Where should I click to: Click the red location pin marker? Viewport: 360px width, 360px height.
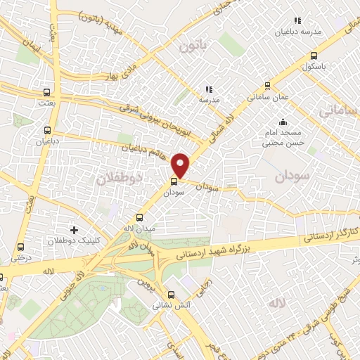click(181, 165)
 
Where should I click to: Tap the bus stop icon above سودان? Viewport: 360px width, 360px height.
click(174, 179)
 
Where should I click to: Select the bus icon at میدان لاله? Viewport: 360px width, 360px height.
click(139, 218)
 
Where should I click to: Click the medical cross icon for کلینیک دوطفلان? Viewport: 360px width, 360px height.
click(75, 230)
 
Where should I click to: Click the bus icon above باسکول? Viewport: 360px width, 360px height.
click(313, 56)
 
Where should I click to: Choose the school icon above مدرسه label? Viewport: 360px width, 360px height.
click(208, 89)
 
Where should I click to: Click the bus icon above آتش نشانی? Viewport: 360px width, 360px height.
click(172, 295)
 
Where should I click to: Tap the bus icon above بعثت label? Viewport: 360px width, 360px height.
click(47, 92)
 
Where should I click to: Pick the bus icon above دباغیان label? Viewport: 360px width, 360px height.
click(47, 129)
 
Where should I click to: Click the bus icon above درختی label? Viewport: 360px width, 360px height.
click(20, 247)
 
